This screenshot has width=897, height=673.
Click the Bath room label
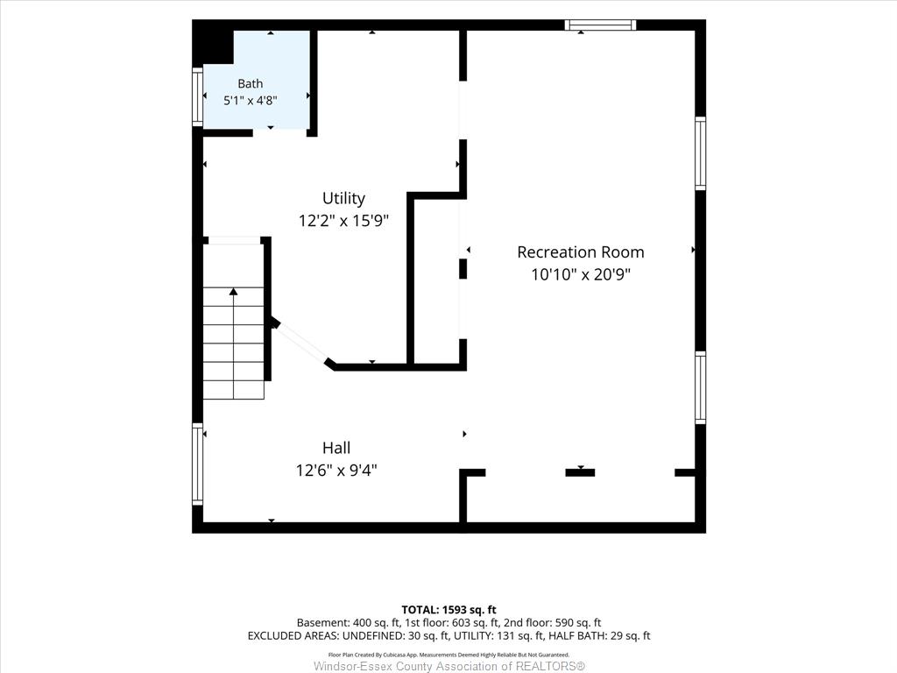click(x=250, y=83)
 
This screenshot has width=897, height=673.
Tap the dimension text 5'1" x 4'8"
click(x=250, y=100)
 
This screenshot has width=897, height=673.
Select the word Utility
click(x=343, y=199)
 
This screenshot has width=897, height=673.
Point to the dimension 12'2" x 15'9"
click(x=343, y=220)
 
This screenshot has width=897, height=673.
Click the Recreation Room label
click(x=581, y=252)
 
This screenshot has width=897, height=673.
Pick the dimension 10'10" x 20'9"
click(x=581, y=274)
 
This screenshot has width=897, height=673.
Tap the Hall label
click(x=336, y=448)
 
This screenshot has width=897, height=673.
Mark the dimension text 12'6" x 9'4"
click(x=336, y=471)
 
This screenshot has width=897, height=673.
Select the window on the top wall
click(x=600, y=25)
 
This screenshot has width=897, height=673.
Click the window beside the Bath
click(x=197, y=96)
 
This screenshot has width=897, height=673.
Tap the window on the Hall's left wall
click(x=197, y=464)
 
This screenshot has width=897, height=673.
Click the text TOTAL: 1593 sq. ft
click(x=448, y=610)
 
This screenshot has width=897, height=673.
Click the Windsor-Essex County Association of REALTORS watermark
click(x=449, y=666)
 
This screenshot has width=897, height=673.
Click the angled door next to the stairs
click(x=301, y=342)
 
